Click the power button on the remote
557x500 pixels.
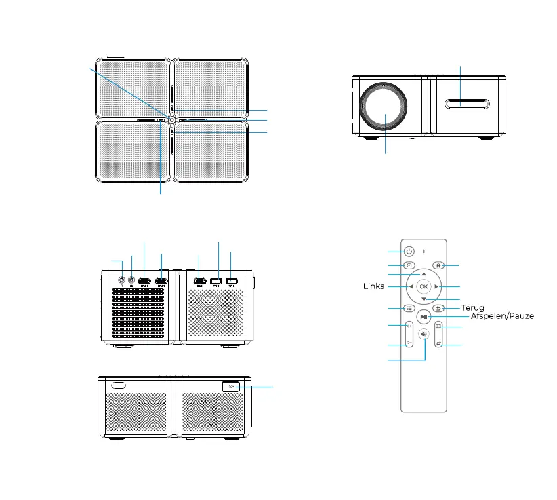410,251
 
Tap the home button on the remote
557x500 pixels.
438,265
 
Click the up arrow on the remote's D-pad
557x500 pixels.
424,273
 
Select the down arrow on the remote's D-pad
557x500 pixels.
424,299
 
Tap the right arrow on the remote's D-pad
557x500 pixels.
437,286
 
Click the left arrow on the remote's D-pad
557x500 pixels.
411,286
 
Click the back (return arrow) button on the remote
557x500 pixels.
438,309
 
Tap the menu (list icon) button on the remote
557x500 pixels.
409,308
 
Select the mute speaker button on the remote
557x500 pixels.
424,334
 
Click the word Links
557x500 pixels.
373,286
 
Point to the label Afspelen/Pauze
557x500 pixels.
502,317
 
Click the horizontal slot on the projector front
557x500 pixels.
468,104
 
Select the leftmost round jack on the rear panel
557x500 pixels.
121,280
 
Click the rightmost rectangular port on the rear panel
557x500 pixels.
232,281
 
